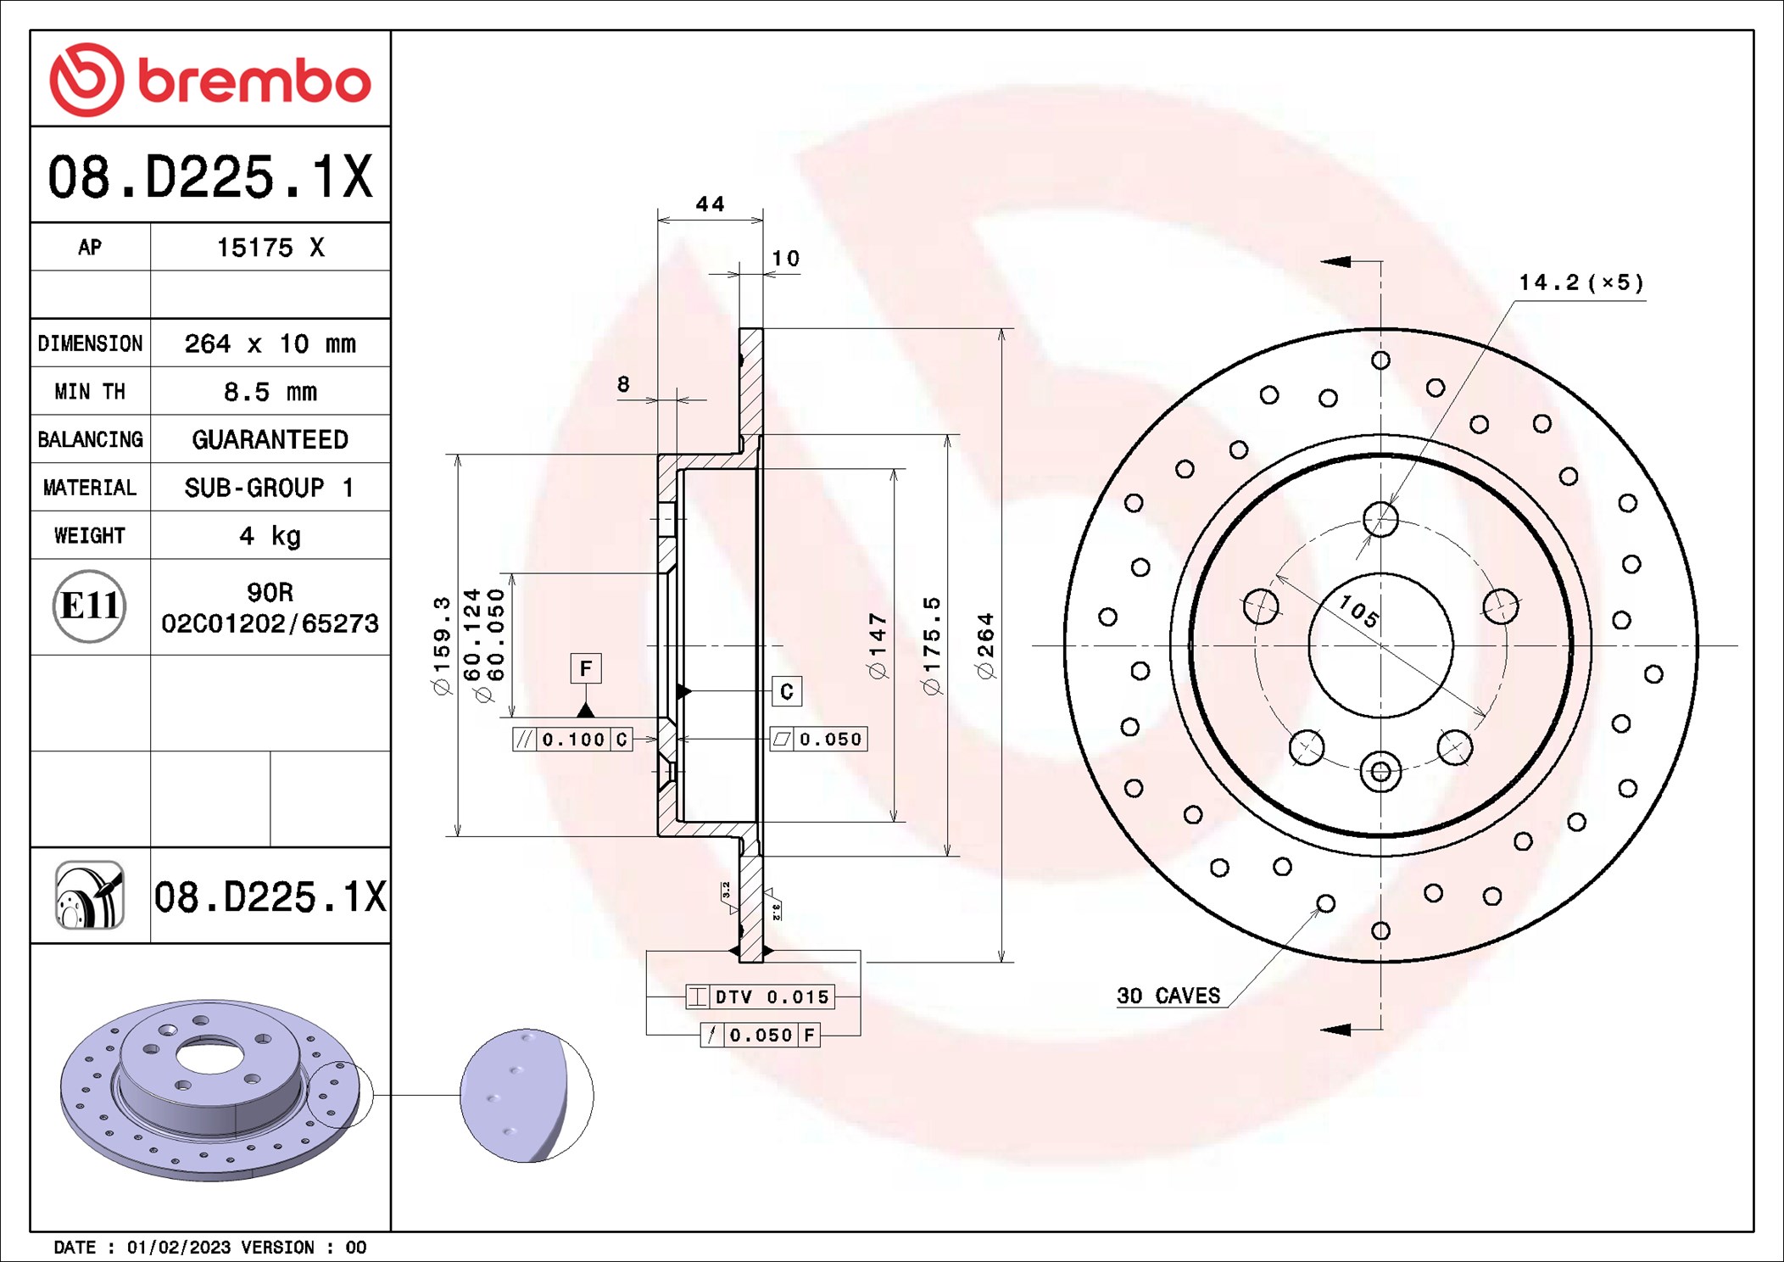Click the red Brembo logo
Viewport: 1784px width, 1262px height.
210,80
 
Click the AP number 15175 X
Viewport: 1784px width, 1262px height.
270,248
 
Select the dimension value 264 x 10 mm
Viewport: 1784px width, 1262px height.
270,343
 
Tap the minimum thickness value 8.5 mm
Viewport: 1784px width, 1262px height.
270,392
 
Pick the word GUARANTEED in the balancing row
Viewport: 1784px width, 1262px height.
270,439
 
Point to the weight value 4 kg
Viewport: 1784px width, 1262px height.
270,536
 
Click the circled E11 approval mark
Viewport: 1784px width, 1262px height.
89,606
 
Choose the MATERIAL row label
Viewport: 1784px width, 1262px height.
90,488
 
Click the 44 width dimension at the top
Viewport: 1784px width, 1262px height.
710,204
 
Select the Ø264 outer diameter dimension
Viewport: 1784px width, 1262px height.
985,646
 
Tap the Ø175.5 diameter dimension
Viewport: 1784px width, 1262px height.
932,646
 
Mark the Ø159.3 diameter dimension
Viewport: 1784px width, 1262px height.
442,646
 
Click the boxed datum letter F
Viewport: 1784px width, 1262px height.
585,668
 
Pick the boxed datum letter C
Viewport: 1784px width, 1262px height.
786,691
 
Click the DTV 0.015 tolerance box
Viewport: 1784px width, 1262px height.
760,997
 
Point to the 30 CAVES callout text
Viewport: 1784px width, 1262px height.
1168,996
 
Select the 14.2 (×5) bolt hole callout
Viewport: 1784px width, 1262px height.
1581,282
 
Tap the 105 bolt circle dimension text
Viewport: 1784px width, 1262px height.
1358,610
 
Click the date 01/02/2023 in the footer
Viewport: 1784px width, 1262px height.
178,1247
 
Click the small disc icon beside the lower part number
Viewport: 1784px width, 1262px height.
89,896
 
